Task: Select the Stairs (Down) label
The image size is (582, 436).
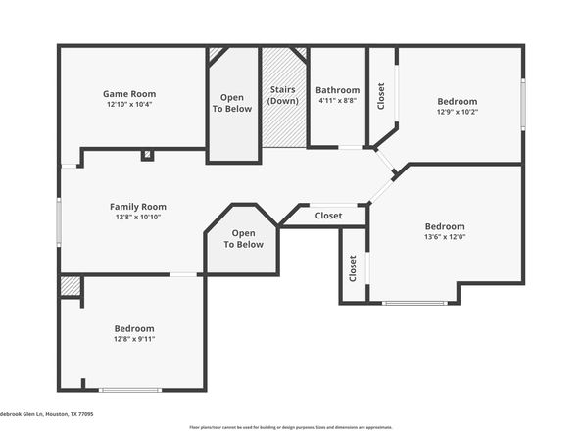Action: [283, 95]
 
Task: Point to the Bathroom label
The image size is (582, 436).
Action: [337, 90]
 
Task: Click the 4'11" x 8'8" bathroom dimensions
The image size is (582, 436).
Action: [337, 100]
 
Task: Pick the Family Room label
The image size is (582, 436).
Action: [137, 206]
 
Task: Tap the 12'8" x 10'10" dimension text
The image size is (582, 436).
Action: [137, 217]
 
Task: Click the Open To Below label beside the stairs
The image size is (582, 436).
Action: [233, 103]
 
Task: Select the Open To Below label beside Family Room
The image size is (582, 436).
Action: [243, 238]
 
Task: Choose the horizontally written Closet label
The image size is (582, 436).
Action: [328, 216]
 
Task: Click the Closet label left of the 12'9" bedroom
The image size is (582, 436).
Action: [381, 95]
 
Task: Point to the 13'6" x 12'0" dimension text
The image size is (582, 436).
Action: [444, 236]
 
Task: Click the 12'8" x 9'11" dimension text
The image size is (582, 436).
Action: [134, 339]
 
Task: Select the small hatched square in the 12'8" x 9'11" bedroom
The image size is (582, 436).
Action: [69, 285]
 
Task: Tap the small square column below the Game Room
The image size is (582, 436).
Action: [146, 155]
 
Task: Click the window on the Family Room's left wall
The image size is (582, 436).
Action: [59, 221]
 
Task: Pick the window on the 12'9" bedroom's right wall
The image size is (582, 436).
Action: [522, 104]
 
